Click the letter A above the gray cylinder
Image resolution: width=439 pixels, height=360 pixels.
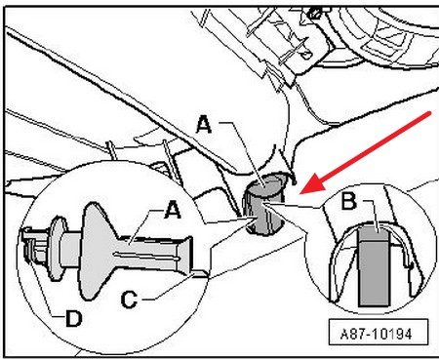(204, 125)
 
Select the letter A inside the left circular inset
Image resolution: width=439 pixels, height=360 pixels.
(173, 210)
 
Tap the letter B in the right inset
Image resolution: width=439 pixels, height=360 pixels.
(349, 201)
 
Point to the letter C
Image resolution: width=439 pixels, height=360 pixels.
(129, 300)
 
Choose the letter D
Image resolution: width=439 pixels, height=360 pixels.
(74, 318)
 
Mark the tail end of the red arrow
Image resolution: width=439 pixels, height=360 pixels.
(430, 113)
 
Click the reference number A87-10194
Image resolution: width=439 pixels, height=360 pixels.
(377, 334)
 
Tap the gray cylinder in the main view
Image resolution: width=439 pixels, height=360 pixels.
(264, 204)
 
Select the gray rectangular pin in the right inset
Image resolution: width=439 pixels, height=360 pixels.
(374, 266)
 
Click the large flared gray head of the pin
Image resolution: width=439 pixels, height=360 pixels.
(98, 251)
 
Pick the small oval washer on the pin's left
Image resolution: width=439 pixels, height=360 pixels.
(57, 248)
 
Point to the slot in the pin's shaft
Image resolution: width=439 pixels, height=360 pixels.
(146, 256)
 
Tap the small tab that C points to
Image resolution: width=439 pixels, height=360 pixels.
(199, 274)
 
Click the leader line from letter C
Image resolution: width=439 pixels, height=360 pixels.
(169, 287)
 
